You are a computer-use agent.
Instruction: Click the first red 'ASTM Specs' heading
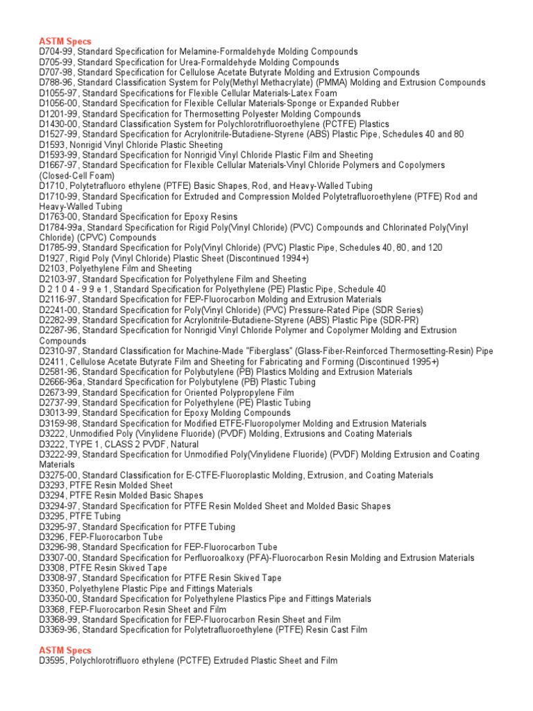(65, 42)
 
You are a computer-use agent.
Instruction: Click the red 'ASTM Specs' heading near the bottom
(65, 650)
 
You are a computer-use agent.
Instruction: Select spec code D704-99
(56, 52)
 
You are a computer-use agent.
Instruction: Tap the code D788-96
(56, 83)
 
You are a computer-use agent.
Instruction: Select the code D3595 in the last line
(52, 660)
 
